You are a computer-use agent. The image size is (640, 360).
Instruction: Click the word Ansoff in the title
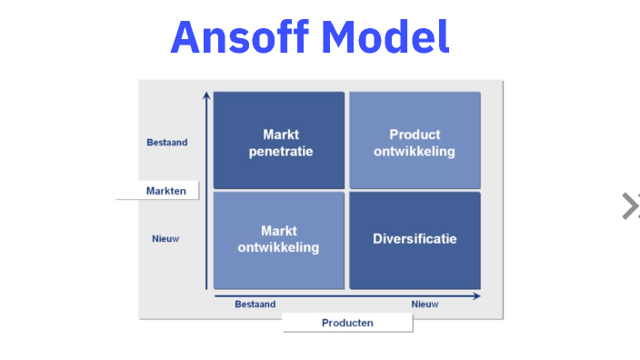(239, 37)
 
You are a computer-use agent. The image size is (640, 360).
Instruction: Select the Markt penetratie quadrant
(280, 140)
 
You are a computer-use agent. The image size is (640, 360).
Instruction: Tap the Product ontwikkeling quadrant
(415, 140)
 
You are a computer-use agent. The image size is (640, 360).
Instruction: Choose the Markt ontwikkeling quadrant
(280, 240)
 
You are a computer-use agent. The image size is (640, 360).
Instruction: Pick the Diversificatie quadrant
(415, 240)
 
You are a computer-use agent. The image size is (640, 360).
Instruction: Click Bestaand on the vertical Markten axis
(166, 142)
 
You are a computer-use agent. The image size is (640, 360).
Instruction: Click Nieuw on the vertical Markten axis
(165, 239)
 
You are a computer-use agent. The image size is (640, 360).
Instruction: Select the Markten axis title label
(165, 191)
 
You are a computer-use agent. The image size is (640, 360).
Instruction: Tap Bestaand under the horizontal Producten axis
(255, 305)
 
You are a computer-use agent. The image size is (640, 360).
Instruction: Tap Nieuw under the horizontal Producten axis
(425, 305)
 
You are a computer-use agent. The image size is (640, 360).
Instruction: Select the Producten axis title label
(347, 323)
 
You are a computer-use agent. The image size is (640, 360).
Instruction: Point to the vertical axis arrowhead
(207, 95)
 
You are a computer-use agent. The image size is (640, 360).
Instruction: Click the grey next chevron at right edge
(629, 206)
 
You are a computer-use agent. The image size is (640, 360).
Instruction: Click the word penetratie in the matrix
(281, 152)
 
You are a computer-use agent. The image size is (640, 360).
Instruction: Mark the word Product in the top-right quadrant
(415, 135)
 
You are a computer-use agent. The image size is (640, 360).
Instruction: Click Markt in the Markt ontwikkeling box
(279, 231)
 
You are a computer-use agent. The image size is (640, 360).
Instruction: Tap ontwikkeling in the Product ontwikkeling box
(415, 152)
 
